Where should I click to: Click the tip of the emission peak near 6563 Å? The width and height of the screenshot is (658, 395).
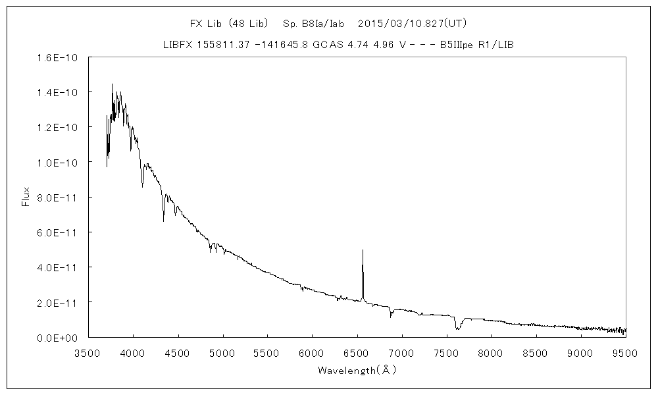pyautogui.click(x=363, y=250)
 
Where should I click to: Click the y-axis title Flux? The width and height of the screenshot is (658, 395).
pyautogui.click(x=26, y=197)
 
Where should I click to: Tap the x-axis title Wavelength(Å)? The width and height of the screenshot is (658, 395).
pyautogui.click(x=357, y=371)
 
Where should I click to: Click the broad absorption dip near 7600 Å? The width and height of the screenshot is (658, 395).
pyautogui.click(x=457, y=327)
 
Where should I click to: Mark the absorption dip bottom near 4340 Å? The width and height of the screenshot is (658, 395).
pyautogui.click(x=164, y=221)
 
